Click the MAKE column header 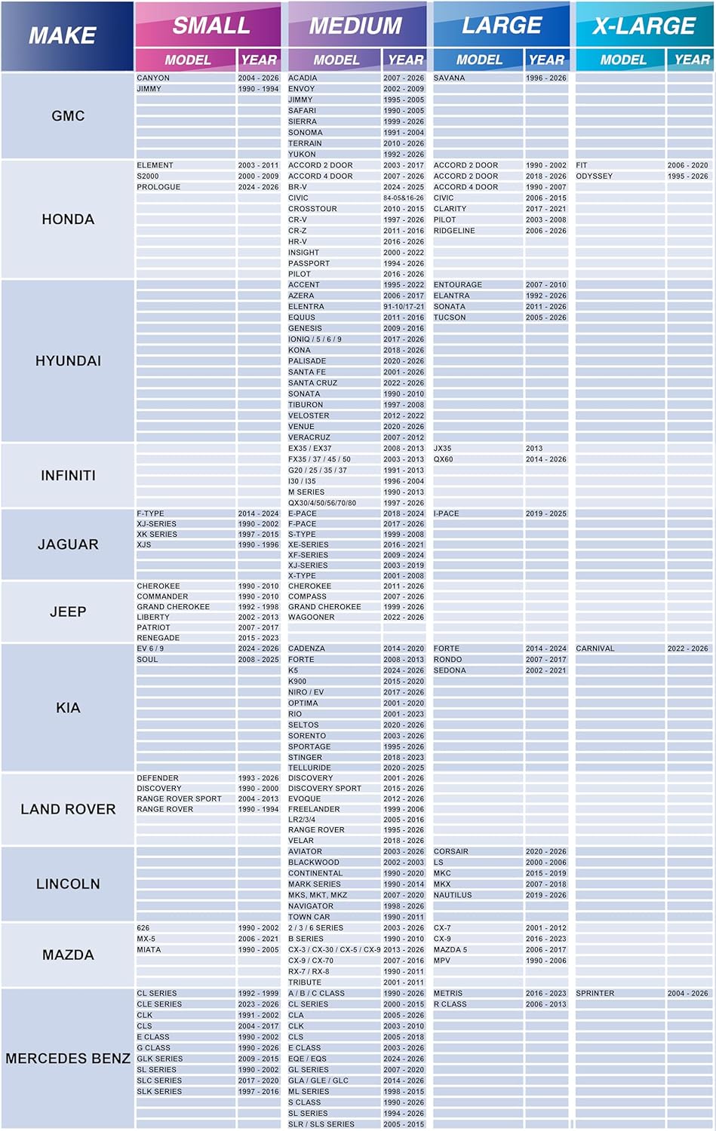(63, 35)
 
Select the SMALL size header (210, 26)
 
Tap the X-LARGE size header (644, 26)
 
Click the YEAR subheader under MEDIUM (405, 60)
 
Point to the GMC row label (68, 116)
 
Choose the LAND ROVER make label (68, 809)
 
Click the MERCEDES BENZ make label (68, 1059)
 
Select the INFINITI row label (68, 476)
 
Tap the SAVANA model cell (450, 78)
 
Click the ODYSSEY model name (595, 176)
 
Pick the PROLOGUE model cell (158, 187)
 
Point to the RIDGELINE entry (454, 231)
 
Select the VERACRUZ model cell (309, 437)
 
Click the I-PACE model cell (447, 513)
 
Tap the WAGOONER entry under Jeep (312, 618)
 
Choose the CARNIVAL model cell (595, 648)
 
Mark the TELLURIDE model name (309, 768)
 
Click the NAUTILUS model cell (453, 895)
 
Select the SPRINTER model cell (595, 993)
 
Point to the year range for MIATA (258, 950)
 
